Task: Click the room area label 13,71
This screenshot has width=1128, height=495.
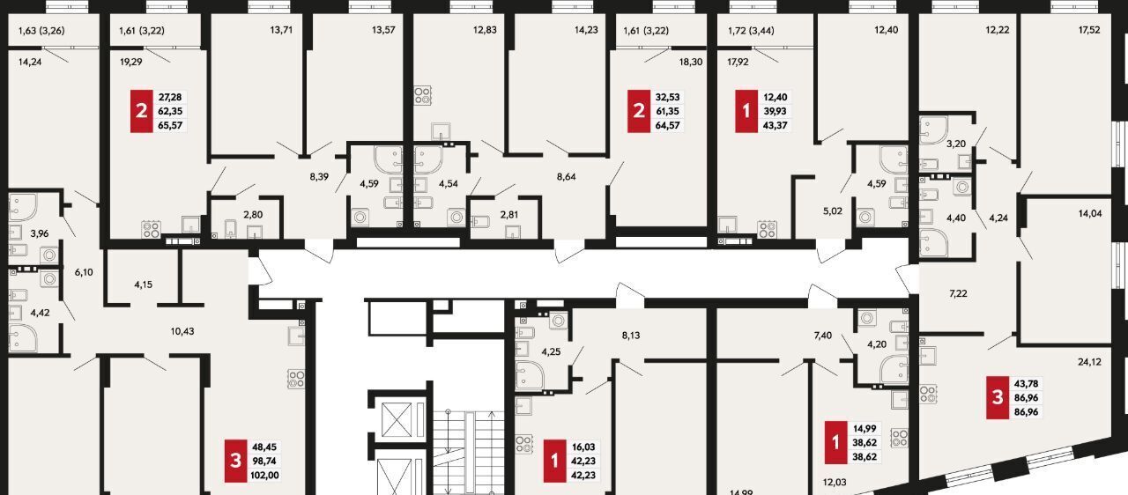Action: click(x=281, y=30)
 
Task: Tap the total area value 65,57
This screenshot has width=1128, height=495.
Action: click(x=170, y=125)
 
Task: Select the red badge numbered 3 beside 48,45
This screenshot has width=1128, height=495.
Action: click(x=235, y=461)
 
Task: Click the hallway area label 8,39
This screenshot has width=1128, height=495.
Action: click(x=319, y=176)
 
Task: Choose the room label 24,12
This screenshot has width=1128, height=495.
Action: click(x=1089, y=362)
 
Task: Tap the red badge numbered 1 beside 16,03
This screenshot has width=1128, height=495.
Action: click(x=555, y=461)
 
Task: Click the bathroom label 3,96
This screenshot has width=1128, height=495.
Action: click(x=40, y=233)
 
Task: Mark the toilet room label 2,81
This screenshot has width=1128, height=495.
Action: click(x=509, y=214)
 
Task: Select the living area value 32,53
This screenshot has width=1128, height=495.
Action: click(x=667, y=97)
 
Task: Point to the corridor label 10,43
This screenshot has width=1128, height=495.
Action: click(x=182, y=331)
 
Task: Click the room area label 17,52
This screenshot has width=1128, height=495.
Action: click(x=1089, y=30)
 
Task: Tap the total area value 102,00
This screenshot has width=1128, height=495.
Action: click(x=264, y=475)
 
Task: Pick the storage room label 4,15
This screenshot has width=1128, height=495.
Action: click(x=143, y=284)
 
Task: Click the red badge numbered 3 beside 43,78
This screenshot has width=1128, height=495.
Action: click(x=998, y=397)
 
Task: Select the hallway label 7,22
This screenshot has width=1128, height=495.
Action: click(x=958, y=293)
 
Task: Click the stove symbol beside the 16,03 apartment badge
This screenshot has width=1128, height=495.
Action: click(x=524, y=444)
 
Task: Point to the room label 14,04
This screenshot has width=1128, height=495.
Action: click(x=1090, y=213)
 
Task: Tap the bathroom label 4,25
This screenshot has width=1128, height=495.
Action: click(x=551, y=351)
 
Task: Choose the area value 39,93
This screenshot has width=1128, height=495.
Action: click(x=775, y=111)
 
